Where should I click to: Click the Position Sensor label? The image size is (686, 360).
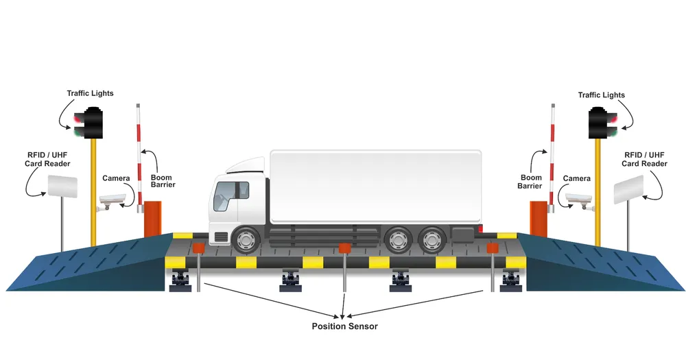tap(344, 326)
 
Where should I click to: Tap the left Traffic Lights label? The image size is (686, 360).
tap(90, 93)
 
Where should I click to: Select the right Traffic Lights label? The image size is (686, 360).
tap(601, 95)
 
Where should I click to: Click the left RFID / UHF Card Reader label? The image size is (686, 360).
tap(48, 159)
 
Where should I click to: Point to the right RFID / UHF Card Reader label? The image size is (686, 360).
tap(644, 159)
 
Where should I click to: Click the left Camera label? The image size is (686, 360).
tap(116, 178)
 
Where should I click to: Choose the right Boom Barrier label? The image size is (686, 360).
tap(530, 181)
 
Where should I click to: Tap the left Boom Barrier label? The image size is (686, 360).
tap(163, 181)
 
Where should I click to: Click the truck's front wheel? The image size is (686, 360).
tap(244, 240)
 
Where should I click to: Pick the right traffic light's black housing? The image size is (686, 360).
tap(600, 123)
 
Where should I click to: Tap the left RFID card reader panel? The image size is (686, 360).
tap(62, 186)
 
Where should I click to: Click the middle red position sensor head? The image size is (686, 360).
tap(344, 247)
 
